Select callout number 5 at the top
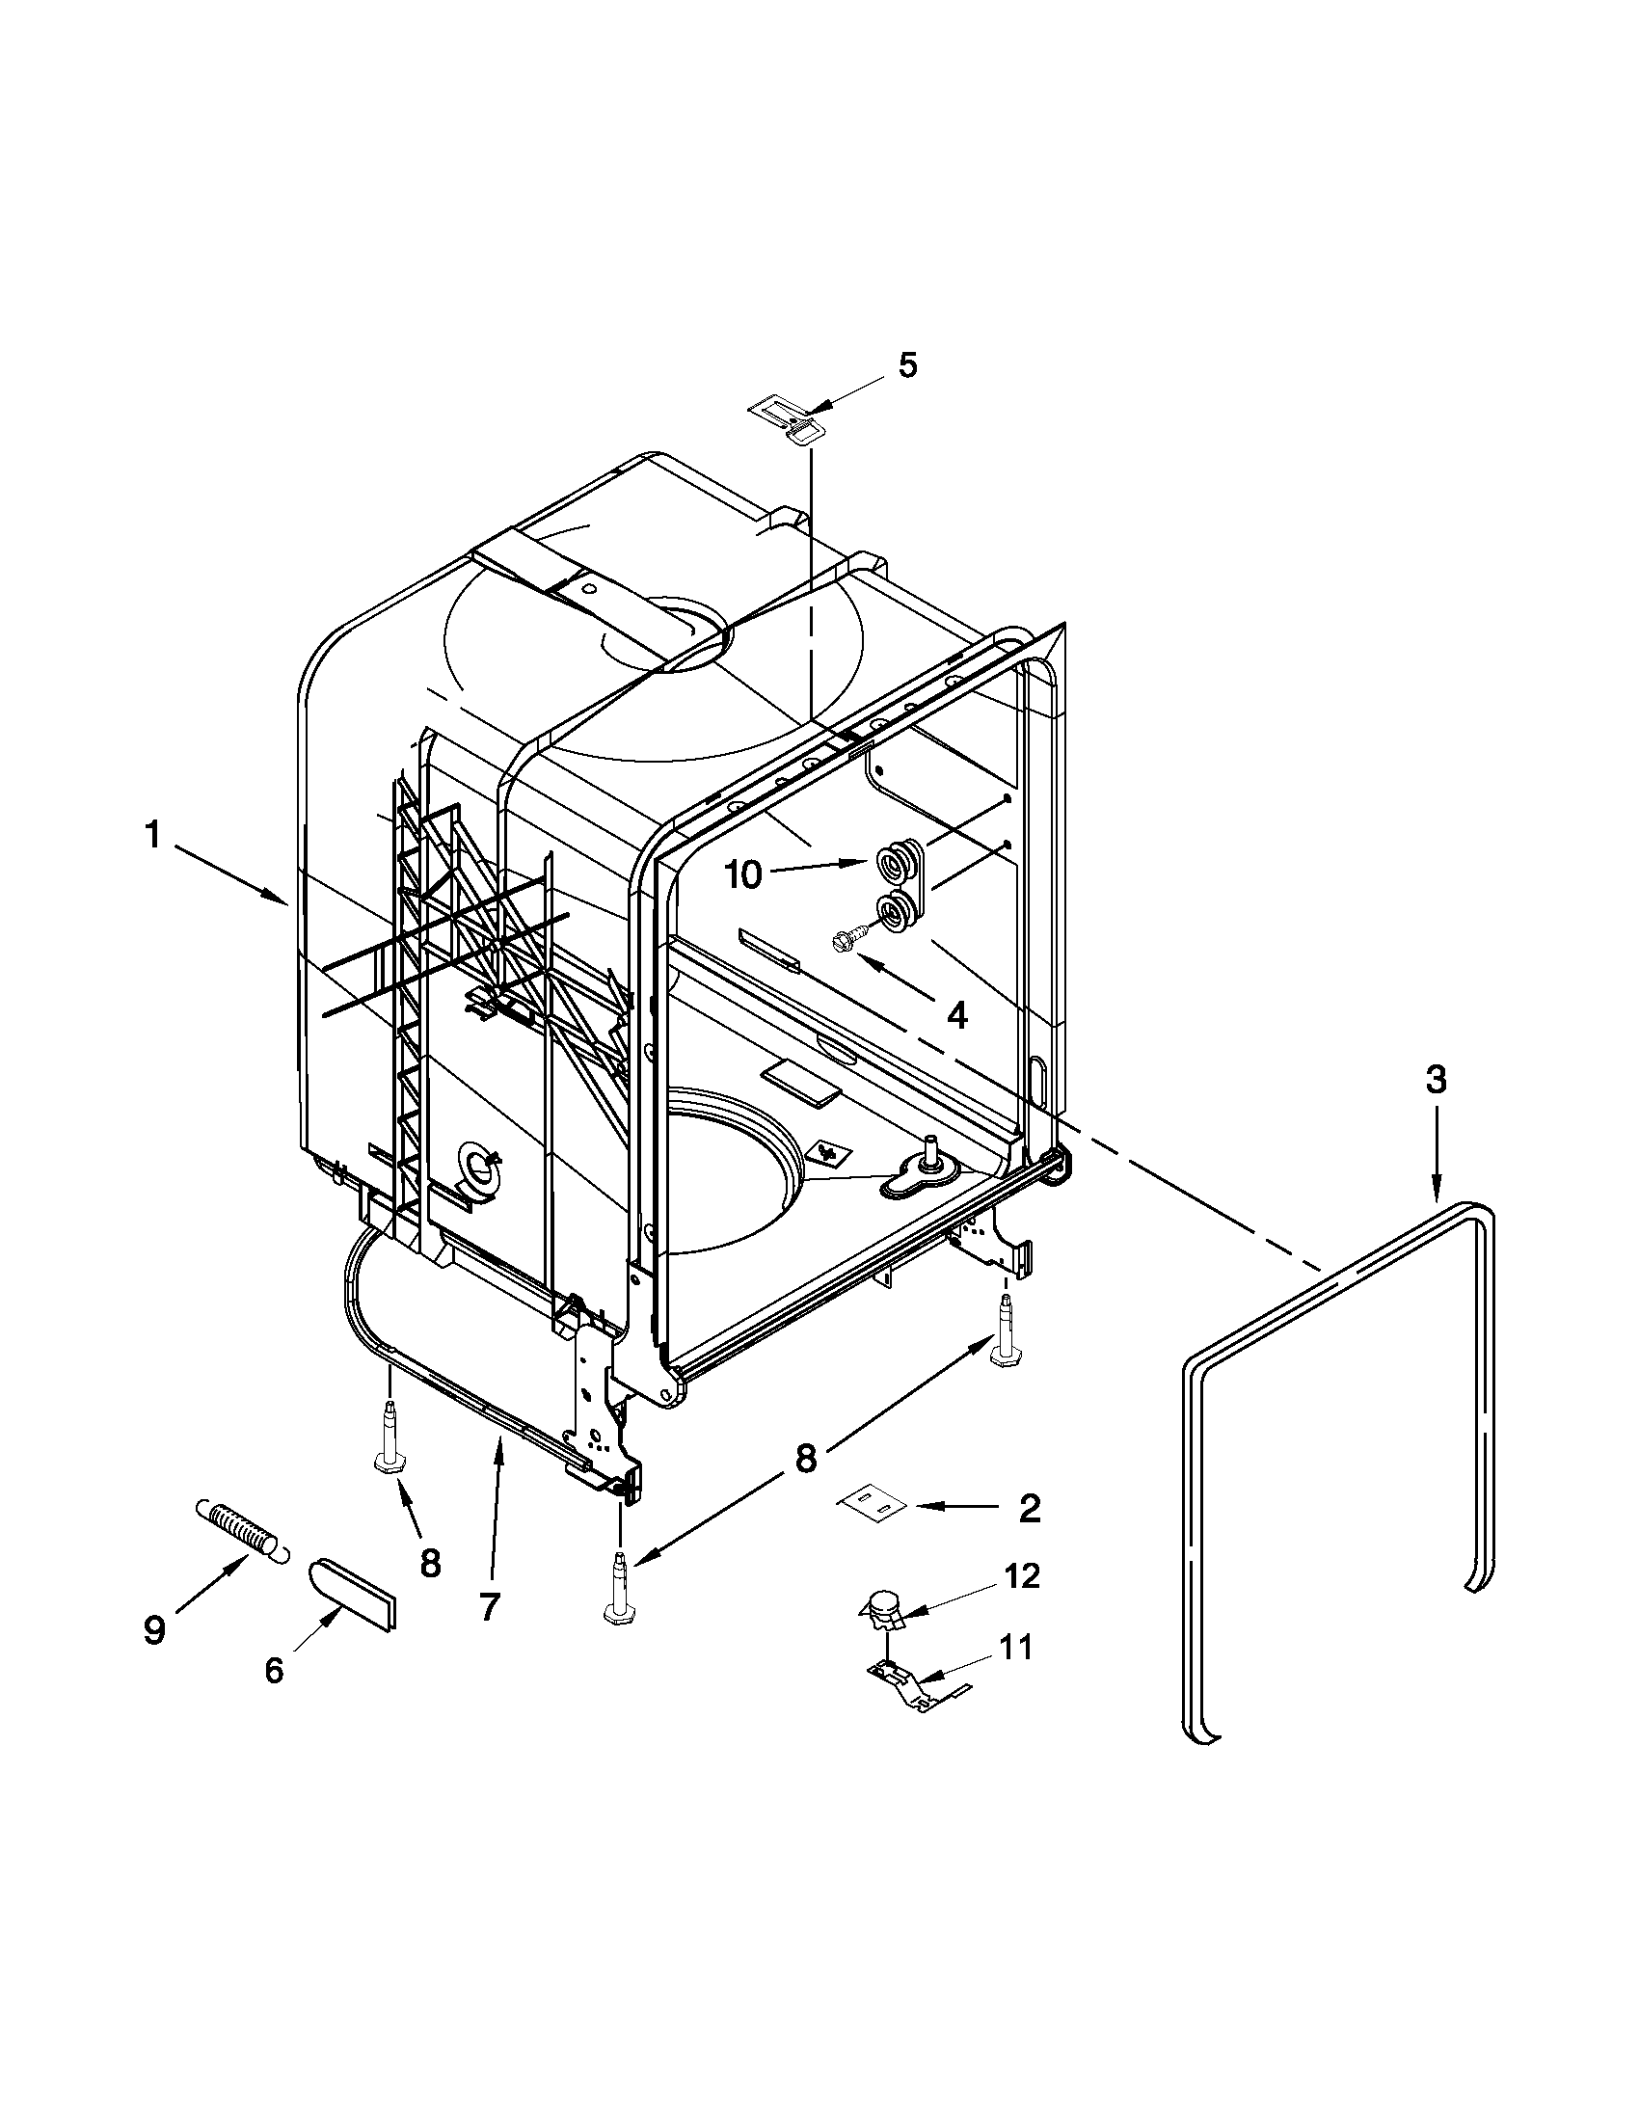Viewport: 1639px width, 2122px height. (x=905, y=365)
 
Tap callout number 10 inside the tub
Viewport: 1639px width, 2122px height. (x=743, y=875)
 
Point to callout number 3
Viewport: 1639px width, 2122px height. (x=1436, y=1079)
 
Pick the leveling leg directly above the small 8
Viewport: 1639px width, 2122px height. (x=389, y=1441)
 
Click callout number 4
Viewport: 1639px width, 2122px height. (x=957, y=1016)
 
